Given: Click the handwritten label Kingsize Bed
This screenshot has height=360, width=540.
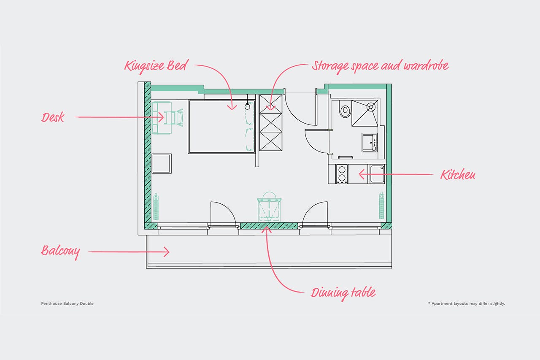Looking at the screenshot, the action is pyautogui.click(x=156, y=65).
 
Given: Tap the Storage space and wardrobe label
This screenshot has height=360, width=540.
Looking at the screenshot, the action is pyautogui.click(x=380, y=66).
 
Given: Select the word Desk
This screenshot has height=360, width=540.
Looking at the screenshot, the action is pyautogui.click(x=53, y=117).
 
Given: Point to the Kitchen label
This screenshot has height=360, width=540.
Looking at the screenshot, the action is pyautogui.click(x=458, y=175).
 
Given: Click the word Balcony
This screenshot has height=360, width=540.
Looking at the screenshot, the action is pyautogui.click(x=60, y=252).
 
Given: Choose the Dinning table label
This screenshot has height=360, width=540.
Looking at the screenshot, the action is pyautogui.click(x=343, y=293).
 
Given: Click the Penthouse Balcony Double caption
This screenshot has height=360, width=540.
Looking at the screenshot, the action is pyautogui.click(x=67, y=303).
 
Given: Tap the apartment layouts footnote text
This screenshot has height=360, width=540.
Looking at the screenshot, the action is pyautogui.click(x=467, y=303).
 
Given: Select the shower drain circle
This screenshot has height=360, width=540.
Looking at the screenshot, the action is pyautogui.click(x=371, y=106).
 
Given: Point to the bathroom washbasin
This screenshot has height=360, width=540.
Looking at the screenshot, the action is pyautogui.click(x=370, y=143).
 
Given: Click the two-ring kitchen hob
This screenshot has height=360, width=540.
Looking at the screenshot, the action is pyautogui.click(x=342, y=174).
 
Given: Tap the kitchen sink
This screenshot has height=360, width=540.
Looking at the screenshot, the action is pyautogui.click(x=377, y=174).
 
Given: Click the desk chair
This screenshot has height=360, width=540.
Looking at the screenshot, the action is pyautogui.click(x=174, y=118).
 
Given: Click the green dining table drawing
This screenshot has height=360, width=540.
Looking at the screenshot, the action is pyautogui.click(x=269, y=207).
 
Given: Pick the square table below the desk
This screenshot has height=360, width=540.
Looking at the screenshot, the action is pyautogui.click(x=162, y=163).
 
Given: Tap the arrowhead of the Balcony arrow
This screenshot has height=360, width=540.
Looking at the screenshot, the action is pyautogui.click(x=167, y=252).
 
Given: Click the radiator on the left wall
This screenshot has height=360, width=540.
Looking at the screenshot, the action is pyautogui.click(x=156, y=206).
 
